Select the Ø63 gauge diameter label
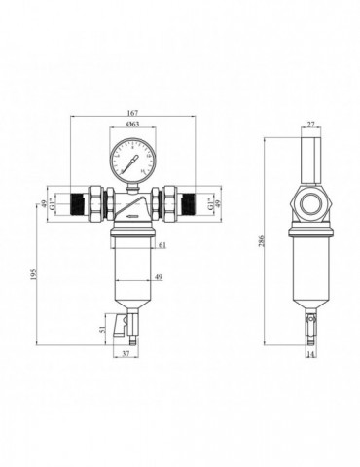pyautogui.click(x=133, y=126)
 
